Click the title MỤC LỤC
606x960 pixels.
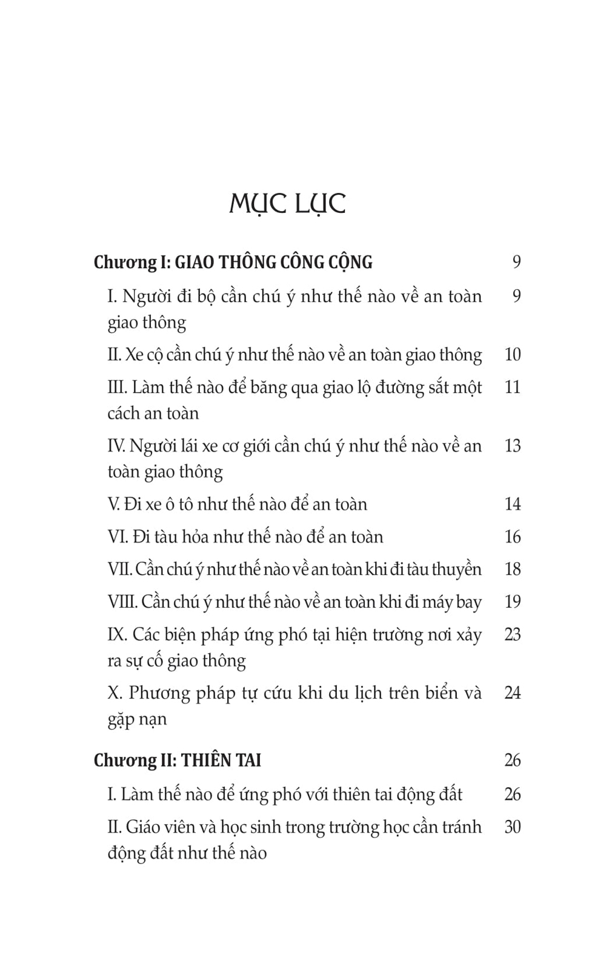coord(287,204)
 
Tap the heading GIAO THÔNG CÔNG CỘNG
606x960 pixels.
coord(273,262)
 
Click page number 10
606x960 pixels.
coord(512,354)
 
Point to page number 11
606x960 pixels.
coord(512,387)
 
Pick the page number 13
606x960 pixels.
coord(512,446)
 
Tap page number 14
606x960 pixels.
coord(512,504)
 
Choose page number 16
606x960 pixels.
coord(512,537)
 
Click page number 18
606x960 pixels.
coord(512,569)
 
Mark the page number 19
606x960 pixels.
coord(512,602)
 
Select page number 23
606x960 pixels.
coord(512,634)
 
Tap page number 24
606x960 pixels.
coord(512,693)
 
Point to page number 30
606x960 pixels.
coord(512,827)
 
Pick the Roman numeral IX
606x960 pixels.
coord(117,634)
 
